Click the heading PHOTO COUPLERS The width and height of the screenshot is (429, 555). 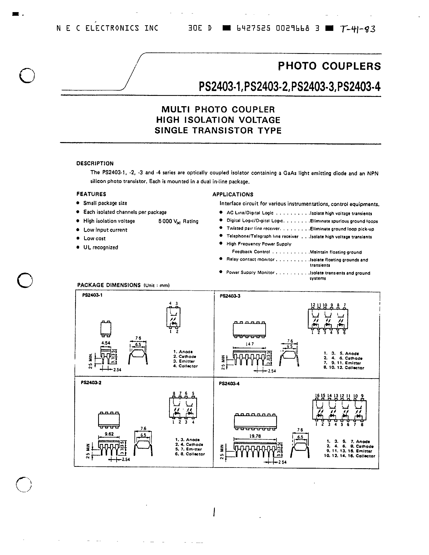[330, 66]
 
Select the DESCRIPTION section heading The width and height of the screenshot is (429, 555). [95, 163]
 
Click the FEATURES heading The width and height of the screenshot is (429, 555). [91, 194]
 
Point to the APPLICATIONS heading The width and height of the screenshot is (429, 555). [233, 194]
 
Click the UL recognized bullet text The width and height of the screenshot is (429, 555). [101, 247]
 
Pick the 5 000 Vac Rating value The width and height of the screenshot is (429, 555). [178, 221]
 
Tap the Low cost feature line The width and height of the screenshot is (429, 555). [94, 238]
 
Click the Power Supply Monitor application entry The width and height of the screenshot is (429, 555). [250, 272]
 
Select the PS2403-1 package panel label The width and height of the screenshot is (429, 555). [92, 295]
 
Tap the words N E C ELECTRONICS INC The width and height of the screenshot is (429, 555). [107, 28]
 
